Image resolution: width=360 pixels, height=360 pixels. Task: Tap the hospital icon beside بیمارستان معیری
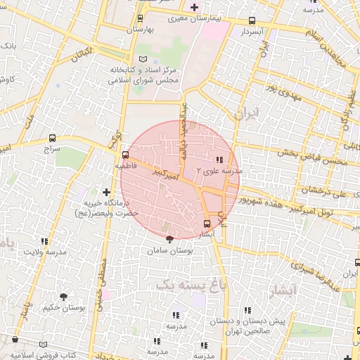tap(194, 6)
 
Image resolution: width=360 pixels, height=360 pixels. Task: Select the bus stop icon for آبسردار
tap(252, 22)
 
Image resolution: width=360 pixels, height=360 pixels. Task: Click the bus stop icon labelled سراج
tap(52, 139)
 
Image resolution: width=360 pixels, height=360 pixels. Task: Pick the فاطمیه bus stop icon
tap(125, 155)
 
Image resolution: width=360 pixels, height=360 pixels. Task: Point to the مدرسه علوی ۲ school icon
tap(220, 160)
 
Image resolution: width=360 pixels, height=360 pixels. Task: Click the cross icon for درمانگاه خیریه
tap(107, 191)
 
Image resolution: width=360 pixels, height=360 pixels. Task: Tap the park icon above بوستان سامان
tap(169, 240)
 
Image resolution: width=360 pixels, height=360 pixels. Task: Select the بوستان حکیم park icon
tap(65, 297)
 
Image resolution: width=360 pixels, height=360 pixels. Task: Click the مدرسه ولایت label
tap(45, 251)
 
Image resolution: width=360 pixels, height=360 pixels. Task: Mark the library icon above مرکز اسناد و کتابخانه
tap(143, 58)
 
